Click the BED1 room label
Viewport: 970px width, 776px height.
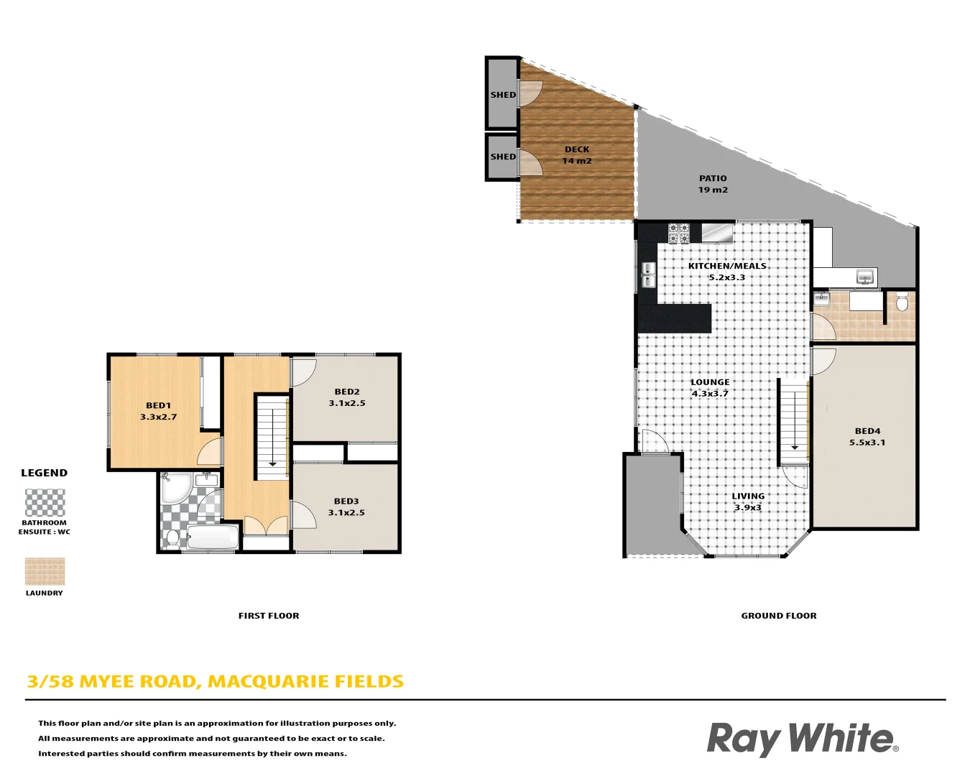pos(158,405)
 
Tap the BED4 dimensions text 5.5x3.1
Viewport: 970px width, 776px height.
pos(867,443)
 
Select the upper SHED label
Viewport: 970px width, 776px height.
pos(503,95)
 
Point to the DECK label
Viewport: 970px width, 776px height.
pos(577,149)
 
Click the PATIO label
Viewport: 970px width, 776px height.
pos(713,178)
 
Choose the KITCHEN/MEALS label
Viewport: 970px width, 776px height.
pos(727,266)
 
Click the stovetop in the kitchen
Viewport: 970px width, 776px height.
pos(679,234)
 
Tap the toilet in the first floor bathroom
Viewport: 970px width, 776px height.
pos(172,537)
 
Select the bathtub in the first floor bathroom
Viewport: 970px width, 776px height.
pos(212,537)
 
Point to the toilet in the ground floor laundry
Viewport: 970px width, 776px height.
pos(902,302)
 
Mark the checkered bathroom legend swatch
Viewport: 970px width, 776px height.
pos(45,503)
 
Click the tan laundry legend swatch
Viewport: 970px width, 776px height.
pos(45,572)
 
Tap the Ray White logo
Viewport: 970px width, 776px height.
pos(802,739)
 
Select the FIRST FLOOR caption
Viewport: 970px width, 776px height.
pos(269,616)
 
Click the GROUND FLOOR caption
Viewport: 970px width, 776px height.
pos(779,616)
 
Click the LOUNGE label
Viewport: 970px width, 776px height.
pos(710,382)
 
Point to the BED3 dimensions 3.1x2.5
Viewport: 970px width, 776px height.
pos(346,512)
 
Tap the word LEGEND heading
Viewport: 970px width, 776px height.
pos(45,473)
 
